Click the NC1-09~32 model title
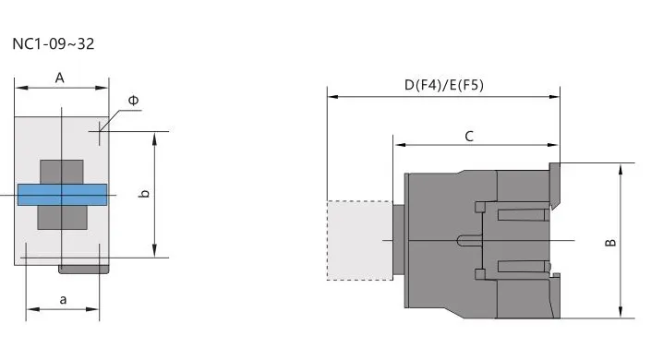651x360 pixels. pos(54,43)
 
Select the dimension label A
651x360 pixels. pos(60,78)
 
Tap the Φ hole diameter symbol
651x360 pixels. pos(134,100)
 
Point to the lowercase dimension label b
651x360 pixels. pos(145,194)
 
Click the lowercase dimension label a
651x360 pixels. pos(63,299)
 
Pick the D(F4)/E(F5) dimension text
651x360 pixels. pos(444,85)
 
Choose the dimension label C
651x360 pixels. pos(469,137)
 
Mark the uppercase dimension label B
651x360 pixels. pos(610,242)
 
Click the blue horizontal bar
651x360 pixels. pos(62,195)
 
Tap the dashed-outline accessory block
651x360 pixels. pos(359,240)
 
